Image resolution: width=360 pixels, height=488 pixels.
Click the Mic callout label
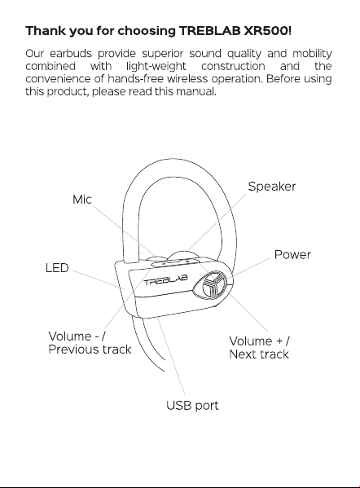coord(82,200)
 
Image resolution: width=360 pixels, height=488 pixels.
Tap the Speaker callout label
coord(272,187)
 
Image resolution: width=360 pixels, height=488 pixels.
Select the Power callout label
coord(292,254)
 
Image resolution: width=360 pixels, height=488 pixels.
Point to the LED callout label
coord(57,268)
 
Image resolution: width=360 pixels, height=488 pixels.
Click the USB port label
coord(192,405)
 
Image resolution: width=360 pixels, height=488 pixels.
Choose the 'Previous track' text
coord(90,350)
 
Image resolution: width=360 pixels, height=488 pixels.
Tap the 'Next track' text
coord(259,354)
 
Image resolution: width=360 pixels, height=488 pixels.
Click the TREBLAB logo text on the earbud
coord(166,279)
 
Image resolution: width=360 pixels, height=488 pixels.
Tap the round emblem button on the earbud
coord(211,286)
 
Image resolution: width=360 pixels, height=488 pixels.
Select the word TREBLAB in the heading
coord(210,31)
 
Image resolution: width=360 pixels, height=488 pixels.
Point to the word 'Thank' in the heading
coord(46,31)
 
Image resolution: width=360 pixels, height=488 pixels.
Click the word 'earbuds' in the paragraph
coord(71,54)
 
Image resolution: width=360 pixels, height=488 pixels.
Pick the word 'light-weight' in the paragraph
coord(156,67)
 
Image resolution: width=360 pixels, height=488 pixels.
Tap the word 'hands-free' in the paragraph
coord(135,79)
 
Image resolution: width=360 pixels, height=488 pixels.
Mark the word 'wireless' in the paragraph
coord(187,79)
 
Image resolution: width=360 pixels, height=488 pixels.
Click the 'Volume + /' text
coord(260,341)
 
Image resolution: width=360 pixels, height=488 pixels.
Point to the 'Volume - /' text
coord(77,336)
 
